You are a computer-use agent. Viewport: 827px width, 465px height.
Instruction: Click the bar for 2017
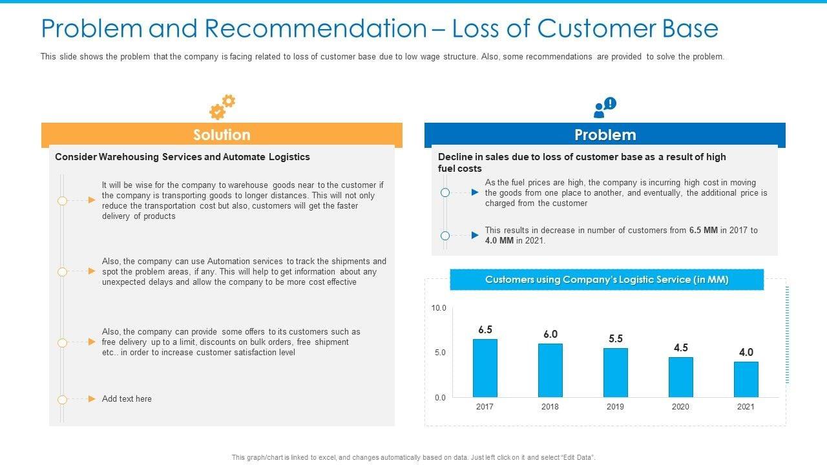[485, 367]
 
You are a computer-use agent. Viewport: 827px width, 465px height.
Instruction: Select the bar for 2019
[615, 372]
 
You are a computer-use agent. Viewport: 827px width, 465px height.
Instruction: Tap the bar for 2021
[746, 379]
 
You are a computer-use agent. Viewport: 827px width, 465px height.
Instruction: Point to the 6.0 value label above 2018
[550, 335]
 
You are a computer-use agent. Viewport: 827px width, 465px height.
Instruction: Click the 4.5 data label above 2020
[680, 348]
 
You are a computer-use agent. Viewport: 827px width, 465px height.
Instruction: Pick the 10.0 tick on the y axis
[439, 308]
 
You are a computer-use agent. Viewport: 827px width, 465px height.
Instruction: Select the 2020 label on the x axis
[680, 407]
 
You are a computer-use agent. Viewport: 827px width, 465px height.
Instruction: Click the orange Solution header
[222, 135]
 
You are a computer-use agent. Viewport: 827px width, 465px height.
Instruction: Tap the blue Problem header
[605, 135]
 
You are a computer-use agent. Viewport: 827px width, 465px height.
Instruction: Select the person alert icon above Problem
[605, 108]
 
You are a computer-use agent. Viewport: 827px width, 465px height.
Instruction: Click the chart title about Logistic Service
[606, 280]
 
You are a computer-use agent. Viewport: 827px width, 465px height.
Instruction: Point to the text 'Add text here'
[127, 399]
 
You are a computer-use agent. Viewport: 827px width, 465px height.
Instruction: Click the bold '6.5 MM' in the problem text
[703, 230]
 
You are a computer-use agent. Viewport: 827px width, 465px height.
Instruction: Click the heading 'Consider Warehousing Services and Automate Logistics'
[182, 157]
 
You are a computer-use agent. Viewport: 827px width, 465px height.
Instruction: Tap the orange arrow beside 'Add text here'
[92, 399]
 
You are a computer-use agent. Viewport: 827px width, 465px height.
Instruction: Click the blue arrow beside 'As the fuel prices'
[475, 192]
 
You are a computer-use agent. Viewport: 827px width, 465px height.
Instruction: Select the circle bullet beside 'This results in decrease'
[445, 236]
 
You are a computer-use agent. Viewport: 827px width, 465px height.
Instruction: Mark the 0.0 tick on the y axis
[439, 398]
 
